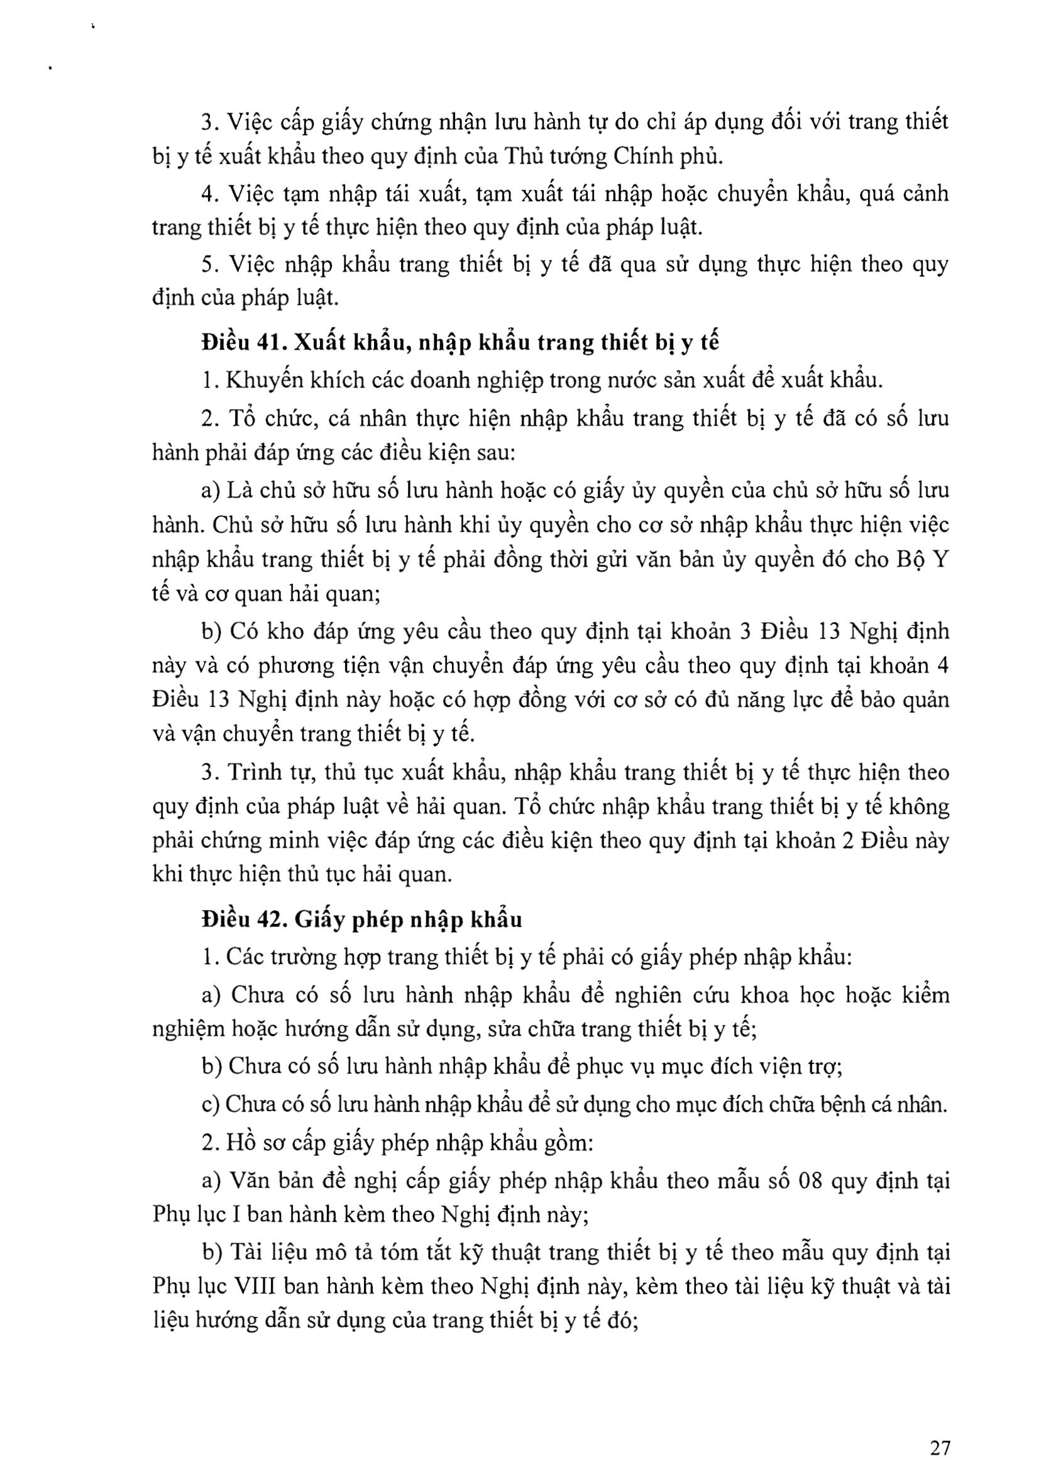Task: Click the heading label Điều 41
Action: click(x=242, y=342)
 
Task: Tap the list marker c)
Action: click(x=211, y=1106)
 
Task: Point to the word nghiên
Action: click(x=649, y=996)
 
